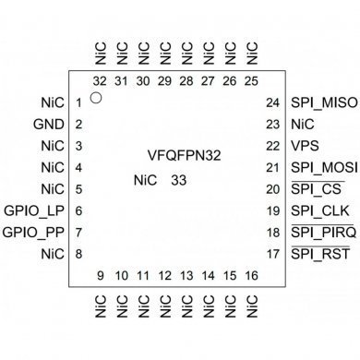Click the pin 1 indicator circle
pos(97,95)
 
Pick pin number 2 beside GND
pos(80,125)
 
